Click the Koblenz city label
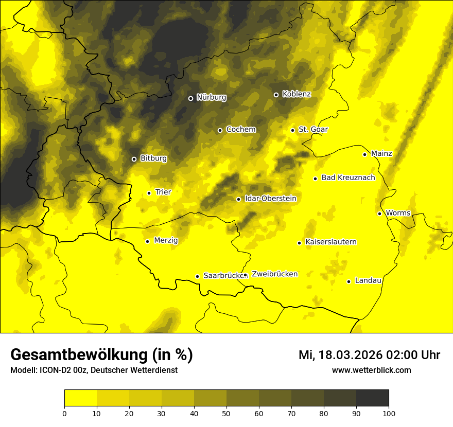[x=297, y=94]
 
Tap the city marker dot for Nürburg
[x=190, y=98]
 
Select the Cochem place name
[x=240, y=130]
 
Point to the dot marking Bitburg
[x=134, y=159]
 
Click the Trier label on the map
[x=163, y=192]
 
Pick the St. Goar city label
[x=313, y=130]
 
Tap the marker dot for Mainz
[x=364, y=154]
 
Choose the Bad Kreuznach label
[x=348, y=178]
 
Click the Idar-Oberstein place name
[x=270, y=199]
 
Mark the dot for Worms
[x=379, y=213]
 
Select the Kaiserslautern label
[x=330, y=242]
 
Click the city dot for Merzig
[x=147, y=241]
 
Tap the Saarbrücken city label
[x=223, y=276]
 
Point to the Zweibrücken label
[x=274, y=274]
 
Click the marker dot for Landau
[x=349, y=281]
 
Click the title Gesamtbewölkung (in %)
[x=101, y=355]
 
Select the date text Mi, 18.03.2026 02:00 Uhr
[x=369, y=355]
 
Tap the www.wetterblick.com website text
[x=371, y=370]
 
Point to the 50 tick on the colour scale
[x=226, y=413]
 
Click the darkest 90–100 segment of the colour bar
[x=372, y=398]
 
